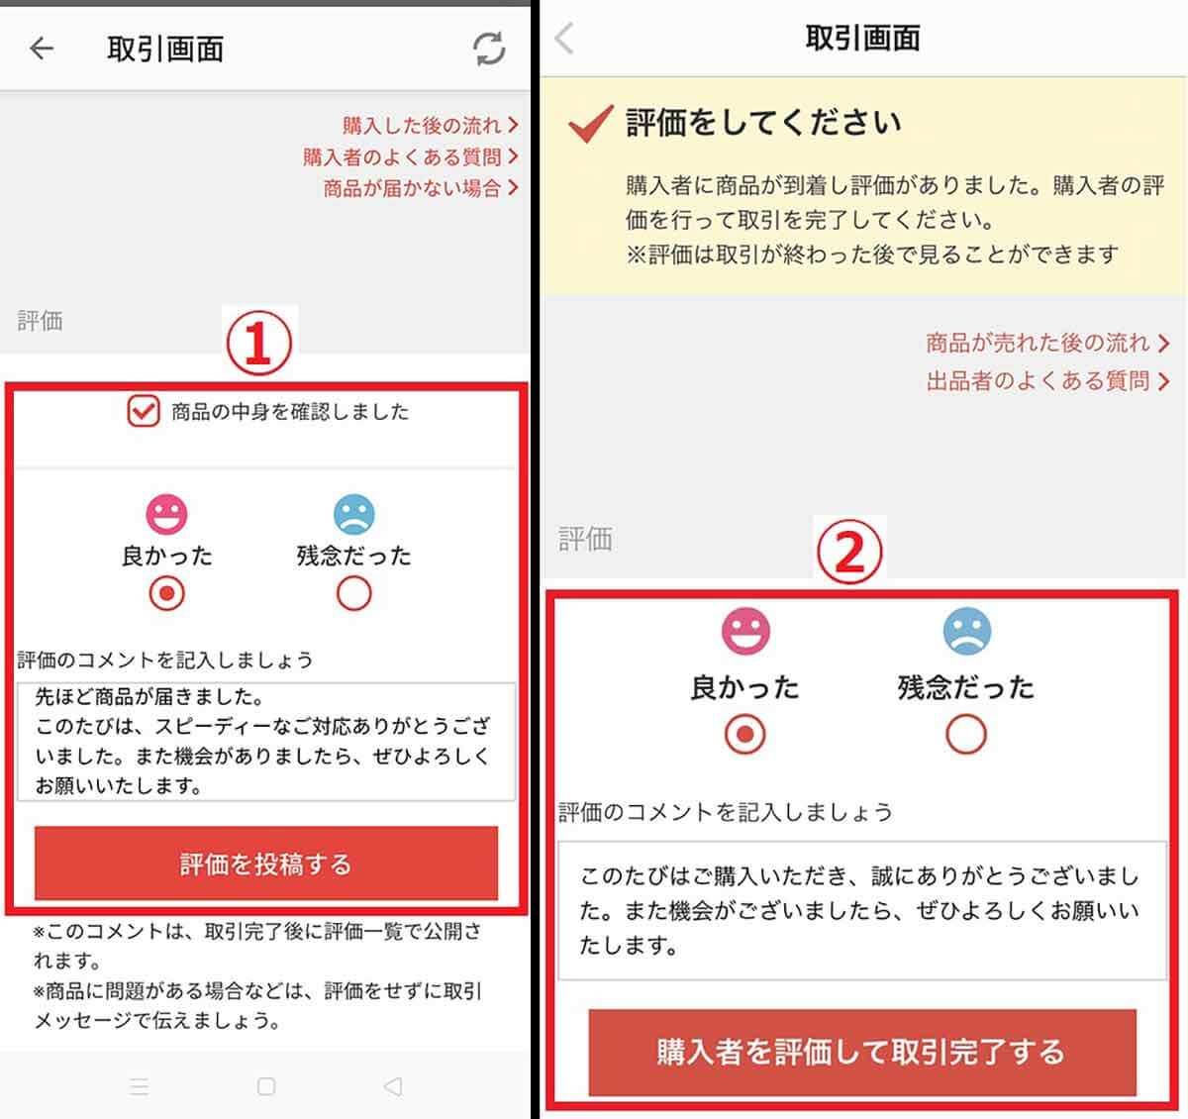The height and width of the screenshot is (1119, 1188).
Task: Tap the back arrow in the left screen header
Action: pyautogui.click(x=42, y=49)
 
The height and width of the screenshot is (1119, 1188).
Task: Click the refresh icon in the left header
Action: pyautogui.click(x=489, y=49)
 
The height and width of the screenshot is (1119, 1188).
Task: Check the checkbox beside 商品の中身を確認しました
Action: pyautogui.click(x=144, y=411)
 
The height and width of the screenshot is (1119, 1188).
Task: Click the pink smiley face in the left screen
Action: pyautogui.click(x=166, y=514)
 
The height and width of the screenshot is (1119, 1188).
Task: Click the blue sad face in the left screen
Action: pyautogui.click(x=353, y=514)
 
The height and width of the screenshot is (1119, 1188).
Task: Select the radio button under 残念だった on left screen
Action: pyautogui.click(x=353, y=594)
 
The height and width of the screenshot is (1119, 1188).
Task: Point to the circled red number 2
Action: pyautogui.click(x=847, y=555)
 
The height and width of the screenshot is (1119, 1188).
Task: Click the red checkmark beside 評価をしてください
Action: pyautogui.click(x=591, y=125)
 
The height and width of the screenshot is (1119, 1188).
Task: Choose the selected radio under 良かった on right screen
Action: pyautogui.click(x=745, y=735)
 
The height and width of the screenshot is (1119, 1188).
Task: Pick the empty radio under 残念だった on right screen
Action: pyautogui.click(x=966, y=735)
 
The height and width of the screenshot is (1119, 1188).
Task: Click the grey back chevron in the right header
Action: pyautogui.click(x=564, y=39)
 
